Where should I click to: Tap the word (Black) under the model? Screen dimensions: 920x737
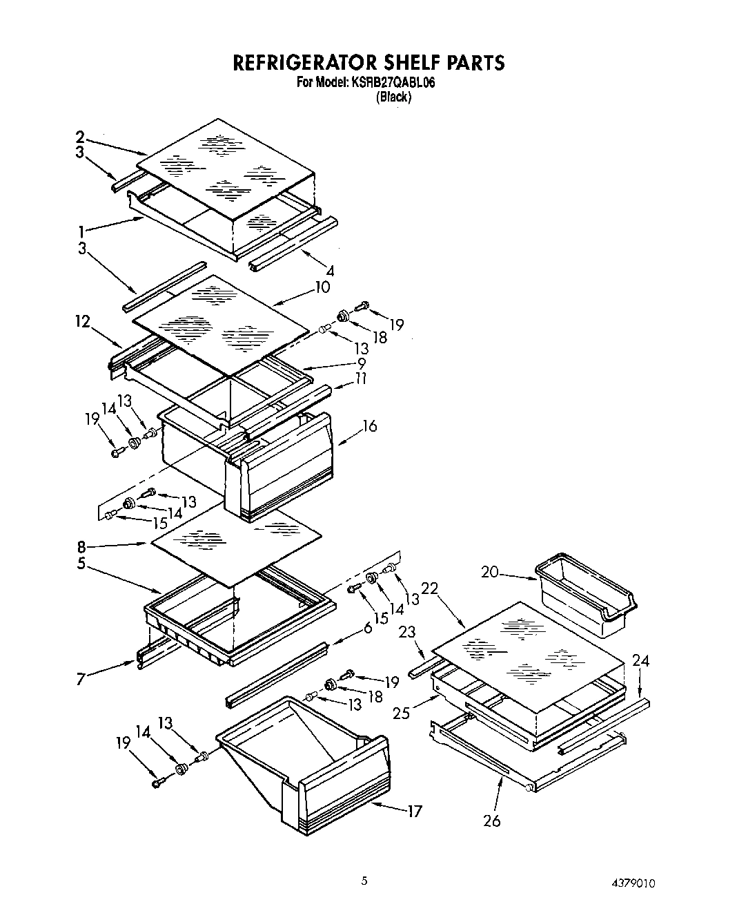(x=393, y=97)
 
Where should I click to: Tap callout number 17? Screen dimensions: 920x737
(x=414, y=812)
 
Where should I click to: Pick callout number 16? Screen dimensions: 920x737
(x=369, y=426)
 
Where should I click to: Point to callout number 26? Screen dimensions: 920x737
(x=491, y=821)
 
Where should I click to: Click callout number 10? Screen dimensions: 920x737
(x=322, y=287)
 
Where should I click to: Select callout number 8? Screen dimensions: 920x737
(x=81, y=546)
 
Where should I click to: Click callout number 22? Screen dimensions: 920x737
(x=429, y=588)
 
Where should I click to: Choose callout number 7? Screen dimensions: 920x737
(x=81, y=680)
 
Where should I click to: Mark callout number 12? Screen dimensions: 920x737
(x=83, y=322)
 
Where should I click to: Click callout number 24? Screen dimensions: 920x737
(x=641, y=661)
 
